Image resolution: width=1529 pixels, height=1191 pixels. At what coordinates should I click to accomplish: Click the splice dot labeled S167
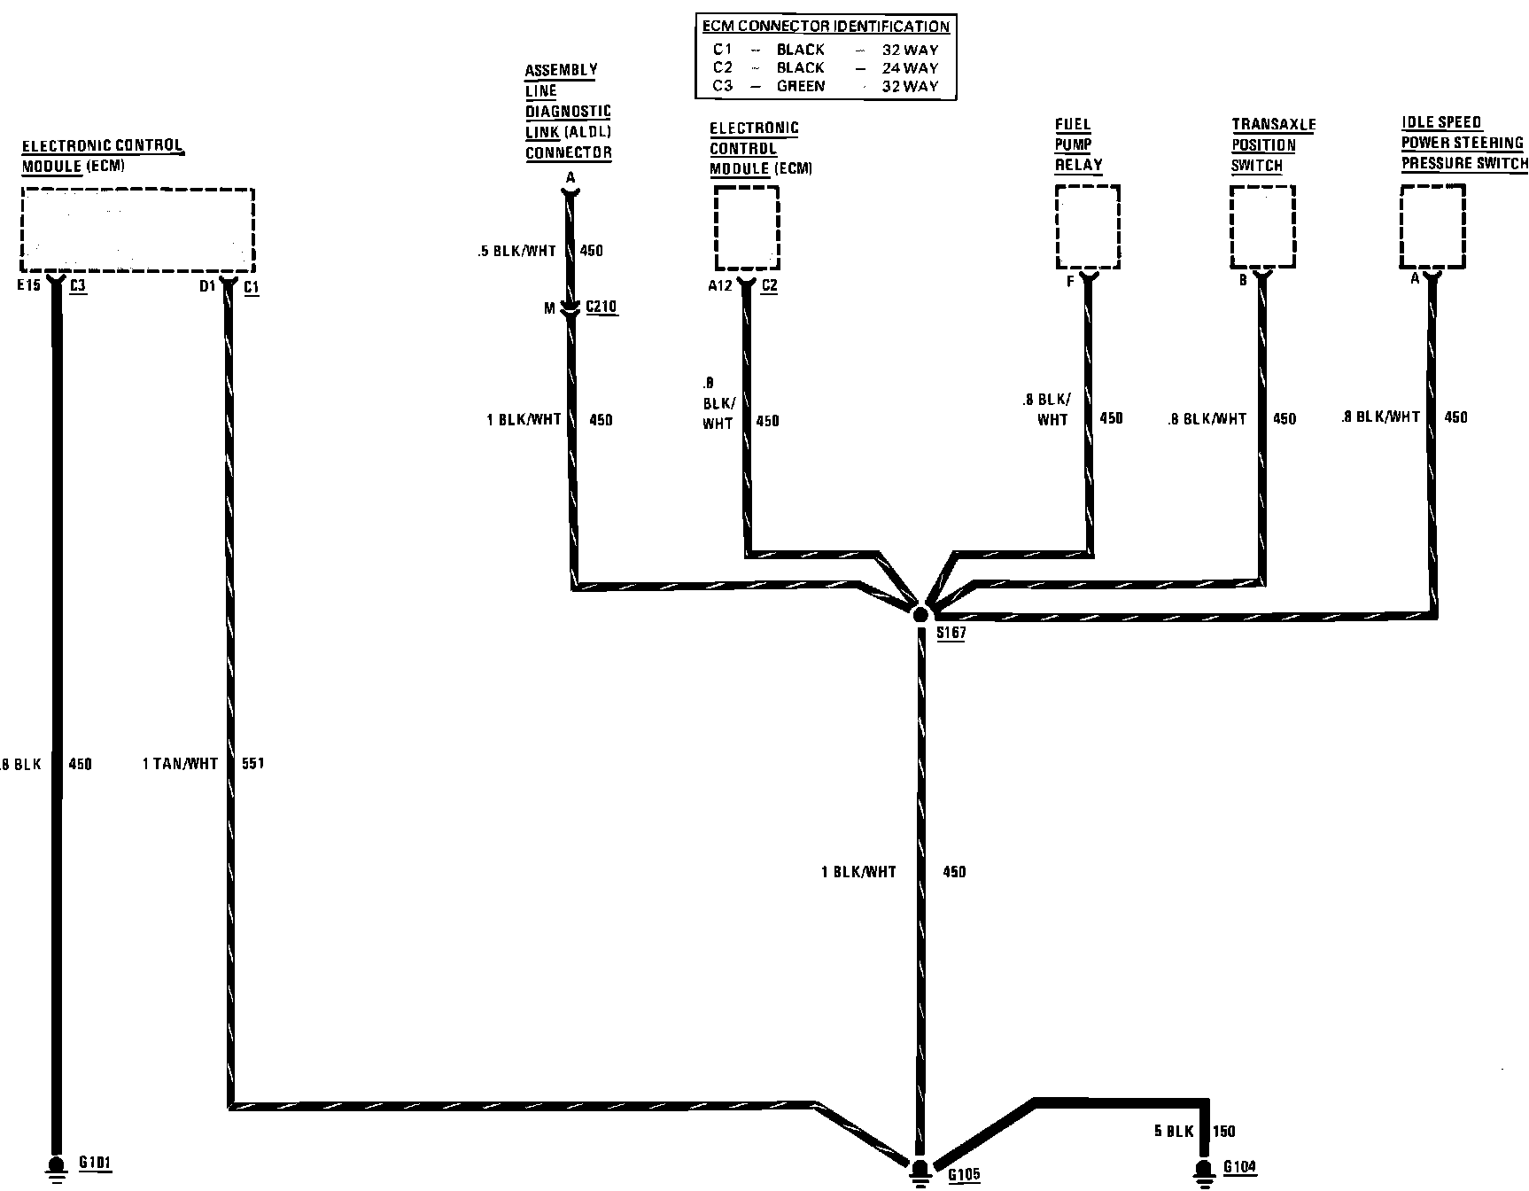pos(920,613)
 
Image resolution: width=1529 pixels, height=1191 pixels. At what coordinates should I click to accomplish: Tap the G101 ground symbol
pos(56,1167)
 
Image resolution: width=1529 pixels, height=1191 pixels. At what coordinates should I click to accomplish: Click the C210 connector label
pos(601,307)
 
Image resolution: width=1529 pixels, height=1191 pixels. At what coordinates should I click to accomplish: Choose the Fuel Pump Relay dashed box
pos(1088,227)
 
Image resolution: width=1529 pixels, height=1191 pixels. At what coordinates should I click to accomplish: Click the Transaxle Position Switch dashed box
pos(1262,227)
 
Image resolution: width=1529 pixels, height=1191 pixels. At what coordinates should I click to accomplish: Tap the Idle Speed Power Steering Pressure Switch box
pos(1432,226)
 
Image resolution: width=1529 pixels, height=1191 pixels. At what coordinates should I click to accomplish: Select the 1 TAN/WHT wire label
pos(180,763)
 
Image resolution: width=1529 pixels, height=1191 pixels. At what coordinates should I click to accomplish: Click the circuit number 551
pos(252,763)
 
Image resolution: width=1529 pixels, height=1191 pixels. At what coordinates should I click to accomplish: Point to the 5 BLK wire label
pos(1174,1131)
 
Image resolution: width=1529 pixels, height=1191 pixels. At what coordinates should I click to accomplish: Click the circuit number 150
pos(1224,1131)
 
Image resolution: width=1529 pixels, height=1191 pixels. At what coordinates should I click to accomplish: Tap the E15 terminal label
pos(29,286)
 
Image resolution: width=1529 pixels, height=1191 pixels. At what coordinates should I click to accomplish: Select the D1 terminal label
pos(207,286)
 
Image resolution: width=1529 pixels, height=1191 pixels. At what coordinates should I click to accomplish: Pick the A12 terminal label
pos(719,285)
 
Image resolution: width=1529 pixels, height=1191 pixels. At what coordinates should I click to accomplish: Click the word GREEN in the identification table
pos(801,86)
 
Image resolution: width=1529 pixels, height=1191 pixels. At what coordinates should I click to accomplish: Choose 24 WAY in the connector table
pos(910,67)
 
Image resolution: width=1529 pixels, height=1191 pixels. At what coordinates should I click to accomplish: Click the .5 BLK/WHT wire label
pos(516,251)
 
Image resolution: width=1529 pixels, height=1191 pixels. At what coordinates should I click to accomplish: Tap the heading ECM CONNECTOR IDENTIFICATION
pos(825,27)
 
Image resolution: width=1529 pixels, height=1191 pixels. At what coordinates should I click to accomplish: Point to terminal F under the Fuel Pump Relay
pos(1070,282)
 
